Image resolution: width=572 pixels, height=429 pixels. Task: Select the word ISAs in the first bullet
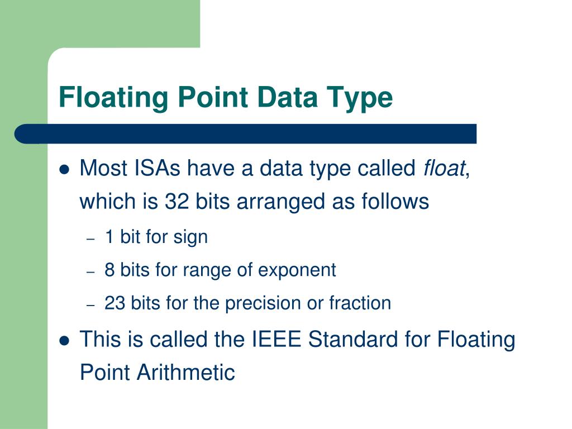click(157, 168)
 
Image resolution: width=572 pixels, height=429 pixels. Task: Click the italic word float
click(444, 168)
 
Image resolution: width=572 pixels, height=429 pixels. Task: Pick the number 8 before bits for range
click(109, 270)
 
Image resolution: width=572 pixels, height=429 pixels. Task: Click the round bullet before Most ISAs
click(64, 169)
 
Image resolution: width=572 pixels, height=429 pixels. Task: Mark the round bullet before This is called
click(64, 340)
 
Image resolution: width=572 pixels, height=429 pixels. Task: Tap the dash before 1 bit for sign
click(92, 239)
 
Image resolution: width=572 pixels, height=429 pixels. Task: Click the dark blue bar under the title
click(246, 134)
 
